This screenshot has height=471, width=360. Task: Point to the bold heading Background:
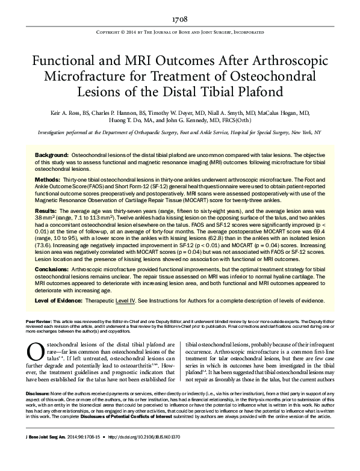(x=51, y=155)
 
